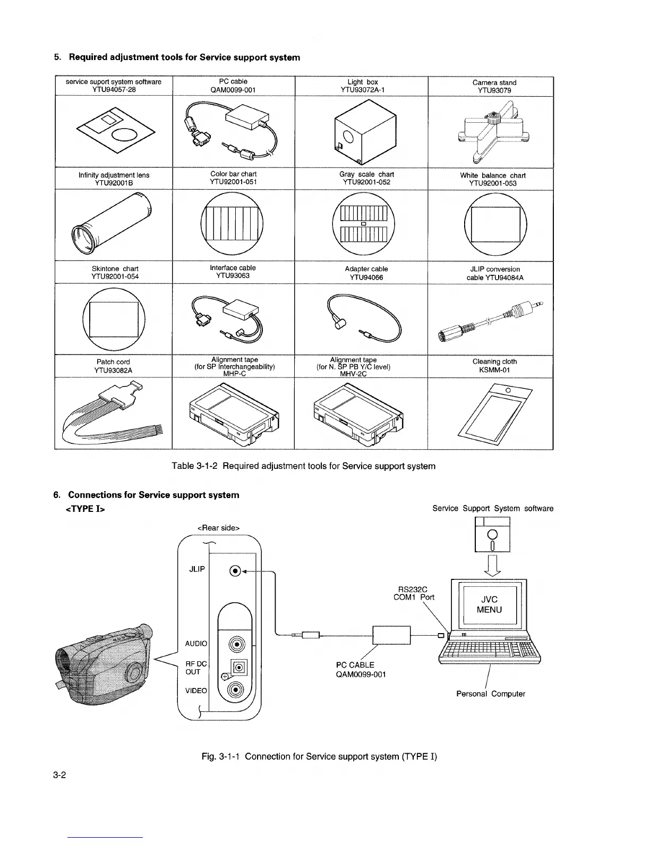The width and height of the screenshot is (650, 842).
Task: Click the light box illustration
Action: click(365, 131)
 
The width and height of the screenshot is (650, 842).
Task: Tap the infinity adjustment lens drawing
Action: click(113, 223)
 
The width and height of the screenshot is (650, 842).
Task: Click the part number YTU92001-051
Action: click(233, 182)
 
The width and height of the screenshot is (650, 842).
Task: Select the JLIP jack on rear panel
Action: click(234, 571)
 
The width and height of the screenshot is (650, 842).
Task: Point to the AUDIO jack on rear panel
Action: click(235, 644)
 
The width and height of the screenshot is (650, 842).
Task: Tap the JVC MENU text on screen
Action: click(489, 604)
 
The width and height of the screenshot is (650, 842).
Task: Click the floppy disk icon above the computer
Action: click(492, 535)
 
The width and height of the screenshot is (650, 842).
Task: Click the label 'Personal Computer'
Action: click(491, 694)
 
